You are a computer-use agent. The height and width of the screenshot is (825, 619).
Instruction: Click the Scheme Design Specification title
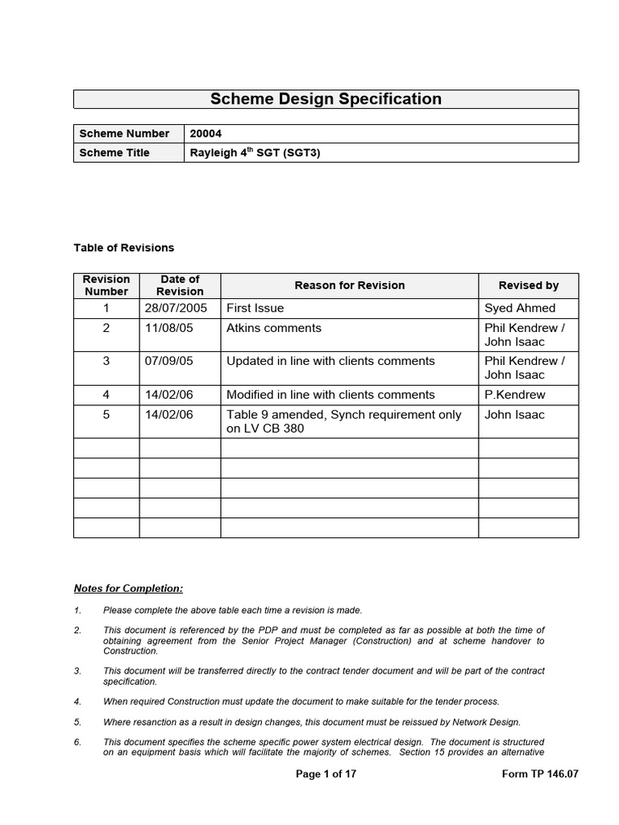pos(326,99)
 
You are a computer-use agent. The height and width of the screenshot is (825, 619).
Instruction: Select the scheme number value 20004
pos(205,134)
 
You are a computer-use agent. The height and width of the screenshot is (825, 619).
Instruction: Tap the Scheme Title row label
pos(114,152)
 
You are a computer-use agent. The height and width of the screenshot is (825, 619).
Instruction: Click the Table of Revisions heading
pos(123,247)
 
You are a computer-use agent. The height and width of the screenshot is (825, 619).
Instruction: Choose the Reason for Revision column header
pos(349,285)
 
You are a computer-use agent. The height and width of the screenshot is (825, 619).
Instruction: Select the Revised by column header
pos(528,285)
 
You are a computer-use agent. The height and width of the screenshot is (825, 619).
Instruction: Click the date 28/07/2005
pos(176,308)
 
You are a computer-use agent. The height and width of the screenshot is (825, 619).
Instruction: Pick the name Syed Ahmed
pos(520,308)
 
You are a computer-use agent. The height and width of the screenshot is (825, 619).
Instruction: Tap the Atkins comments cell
pos(273,328)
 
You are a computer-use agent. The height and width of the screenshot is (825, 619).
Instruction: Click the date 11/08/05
pos(169,328)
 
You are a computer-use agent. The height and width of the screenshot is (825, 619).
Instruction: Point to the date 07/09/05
pos(169,361)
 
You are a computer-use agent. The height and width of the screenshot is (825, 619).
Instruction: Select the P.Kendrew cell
pos(514,395)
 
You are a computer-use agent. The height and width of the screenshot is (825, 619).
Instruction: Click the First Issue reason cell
pos(255,308)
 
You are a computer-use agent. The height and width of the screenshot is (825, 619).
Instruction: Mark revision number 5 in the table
pos(106,415)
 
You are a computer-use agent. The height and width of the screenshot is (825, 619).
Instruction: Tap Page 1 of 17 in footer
pos(326,774)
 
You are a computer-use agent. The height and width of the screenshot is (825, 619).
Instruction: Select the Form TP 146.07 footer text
pos(539,774)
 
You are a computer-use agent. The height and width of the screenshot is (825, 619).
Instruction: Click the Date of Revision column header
pos(180,285)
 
